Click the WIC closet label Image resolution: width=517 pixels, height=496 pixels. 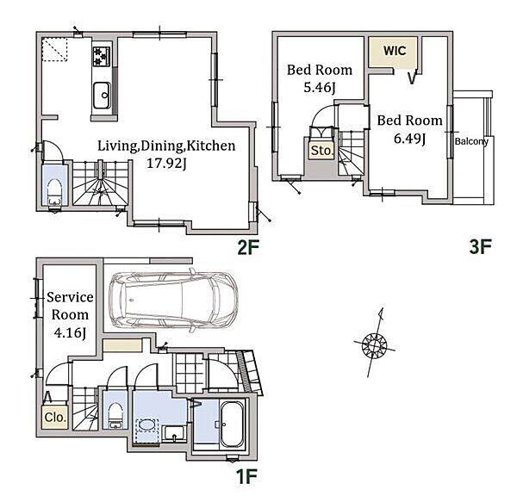[x=395, y=51]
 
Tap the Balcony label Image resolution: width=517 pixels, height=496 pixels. [x=471, y=141]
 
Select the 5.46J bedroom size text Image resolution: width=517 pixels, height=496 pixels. [x=320, y=88]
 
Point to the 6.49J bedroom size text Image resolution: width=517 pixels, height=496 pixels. [x=410, y=139]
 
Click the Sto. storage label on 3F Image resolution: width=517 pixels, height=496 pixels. [x=322, y=151]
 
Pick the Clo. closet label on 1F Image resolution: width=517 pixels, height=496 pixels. [x=55, y=418]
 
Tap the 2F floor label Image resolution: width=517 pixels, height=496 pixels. [x=249, y=247]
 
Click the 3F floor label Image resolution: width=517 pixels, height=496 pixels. [x=481, y=247]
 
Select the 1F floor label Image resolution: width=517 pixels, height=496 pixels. [x=246, y=476]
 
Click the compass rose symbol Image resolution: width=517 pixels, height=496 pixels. [x=374, y=344]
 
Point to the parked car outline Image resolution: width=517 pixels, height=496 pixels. [x=174, y=300]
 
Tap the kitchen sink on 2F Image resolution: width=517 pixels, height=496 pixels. [x=102, y=96]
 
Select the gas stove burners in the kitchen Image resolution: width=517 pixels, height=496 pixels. [x=102, y=57]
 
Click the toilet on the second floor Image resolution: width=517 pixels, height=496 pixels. [x=55, y=193]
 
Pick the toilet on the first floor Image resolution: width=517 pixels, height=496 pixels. [x=115, y=415]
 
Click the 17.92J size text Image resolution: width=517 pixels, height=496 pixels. [x=166, y=164]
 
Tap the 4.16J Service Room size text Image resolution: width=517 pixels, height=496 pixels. [x=70, y=333]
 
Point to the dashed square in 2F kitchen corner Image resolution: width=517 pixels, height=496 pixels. [x=54, y=49]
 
